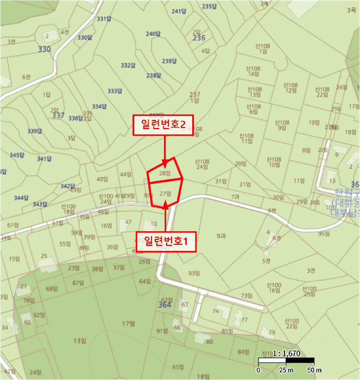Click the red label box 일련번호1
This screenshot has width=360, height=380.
point(166,240)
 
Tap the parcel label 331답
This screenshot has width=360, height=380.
point(104,19)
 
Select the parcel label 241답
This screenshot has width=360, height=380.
point(179,11)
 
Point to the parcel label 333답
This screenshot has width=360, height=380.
point(115,91)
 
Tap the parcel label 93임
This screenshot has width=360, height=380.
point(194,273)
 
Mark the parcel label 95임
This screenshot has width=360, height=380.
point(324,234)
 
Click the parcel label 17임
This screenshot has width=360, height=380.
point(128,324)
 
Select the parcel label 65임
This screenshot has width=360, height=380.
point(178,368)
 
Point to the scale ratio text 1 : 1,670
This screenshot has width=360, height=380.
point(286,352)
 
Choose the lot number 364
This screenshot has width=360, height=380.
point(165,306)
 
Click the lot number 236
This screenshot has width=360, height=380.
point(199,38)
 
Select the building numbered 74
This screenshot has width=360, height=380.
point(216,311)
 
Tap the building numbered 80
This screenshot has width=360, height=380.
point(210,341)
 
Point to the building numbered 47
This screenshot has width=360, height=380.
point(128,222)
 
